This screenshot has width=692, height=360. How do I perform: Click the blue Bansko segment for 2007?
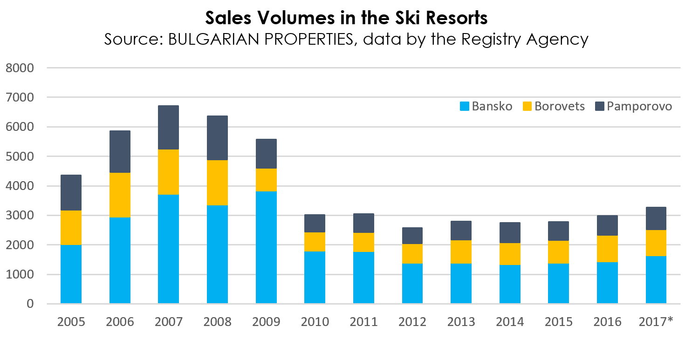(x=168, y=249)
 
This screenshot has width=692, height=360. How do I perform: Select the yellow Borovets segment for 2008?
(x=217, y=183)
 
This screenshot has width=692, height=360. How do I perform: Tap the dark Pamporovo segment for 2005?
(x=71, y=192)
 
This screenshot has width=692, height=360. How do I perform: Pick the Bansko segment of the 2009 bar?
(x=266, y=247)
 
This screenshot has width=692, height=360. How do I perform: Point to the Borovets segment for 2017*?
(x=656, y=243)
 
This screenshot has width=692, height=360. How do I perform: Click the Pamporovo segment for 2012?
(x=412, y=236)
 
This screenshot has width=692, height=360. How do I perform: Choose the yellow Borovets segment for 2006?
(x=120, y=195)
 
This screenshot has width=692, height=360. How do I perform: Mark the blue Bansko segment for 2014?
(x=510, y=284)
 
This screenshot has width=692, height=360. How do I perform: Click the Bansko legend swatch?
(x=465, y=107)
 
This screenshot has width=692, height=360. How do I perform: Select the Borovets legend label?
(x=560, y=106)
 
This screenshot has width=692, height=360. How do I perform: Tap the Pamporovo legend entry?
(x=634, y=106)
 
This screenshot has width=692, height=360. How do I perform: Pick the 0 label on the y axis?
(x=30, y=304)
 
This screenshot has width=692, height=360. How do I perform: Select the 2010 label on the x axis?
(x=315, y=322)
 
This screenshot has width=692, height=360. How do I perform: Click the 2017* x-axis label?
(x=656, y=322)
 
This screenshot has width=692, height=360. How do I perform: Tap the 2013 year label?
(x=461, y=322)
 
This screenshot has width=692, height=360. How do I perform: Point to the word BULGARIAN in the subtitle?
(x=218, y=39)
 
